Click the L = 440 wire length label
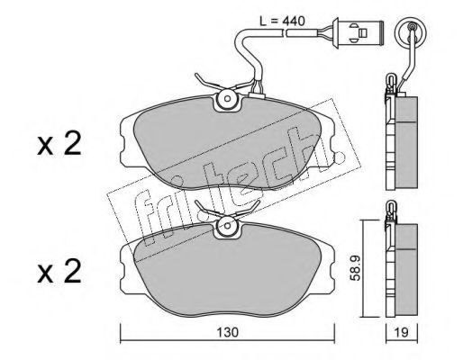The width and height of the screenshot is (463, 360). pos(282,22)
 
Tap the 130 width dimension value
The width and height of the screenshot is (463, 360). pos(228,332)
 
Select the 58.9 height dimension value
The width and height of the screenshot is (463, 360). pos(356,268)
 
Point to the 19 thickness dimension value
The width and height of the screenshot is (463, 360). pos(402,332)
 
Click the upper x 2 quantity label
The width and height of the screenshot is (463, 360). pos(59,144)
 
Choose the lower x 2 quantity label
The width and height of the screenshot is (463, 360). pos(59,272)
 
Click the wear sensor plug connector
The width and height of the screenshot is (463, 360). pos(358,31)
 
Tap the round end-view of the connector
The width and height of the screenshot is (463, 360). pos(412,30)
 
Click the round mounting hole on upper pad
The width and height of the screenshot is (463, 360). pos(228,98)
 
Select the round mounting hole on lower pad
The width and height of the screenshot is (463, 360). pos(228,226)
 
